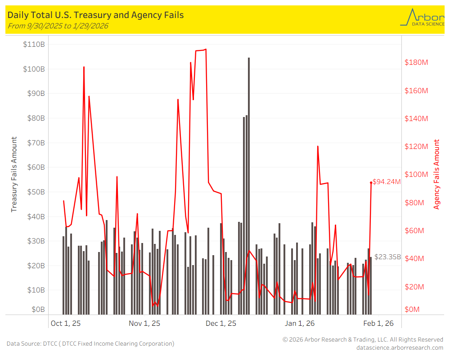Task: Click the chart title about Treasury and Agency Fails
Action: (x=95, y=15)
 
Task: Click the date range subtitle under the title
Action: (x=58, y=26)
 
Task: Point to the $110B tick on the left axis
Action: (x=34, y=45)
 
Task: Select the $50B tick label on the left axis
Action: (x=34, y=192)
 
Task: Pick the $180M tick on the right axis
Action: (x=416, y=62)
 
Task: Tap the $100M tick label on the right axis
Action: (x=416, y=175)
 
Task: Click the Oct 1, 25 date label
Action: (x=66, y=323)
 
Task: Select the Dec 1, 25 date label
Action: (x=220, y=323)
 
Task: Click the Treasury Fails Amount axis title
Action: (x=14, y=175)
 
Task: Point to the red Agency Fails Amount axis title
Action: (x=436, y=175)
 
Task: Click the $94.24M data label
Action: (x=387, y=182)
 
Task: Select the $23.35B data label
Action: (x=387, y=257)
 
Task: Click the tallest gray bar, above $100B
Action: (x=249, y=180)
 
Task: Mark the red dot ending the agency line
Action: (x=371, y=182)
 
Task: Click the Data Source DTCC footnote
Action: (x=90, y=344)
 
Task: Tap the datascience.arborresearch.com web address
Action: (x=400, y=347)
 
